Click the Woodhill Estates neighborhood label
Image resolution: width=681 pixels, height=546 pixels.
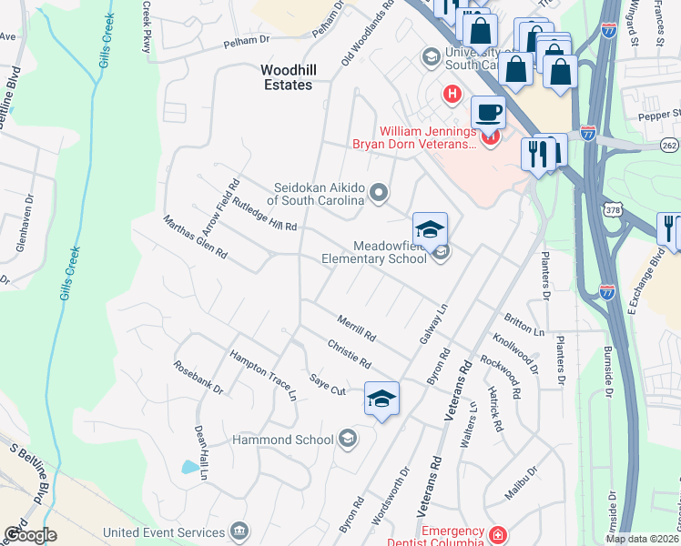coord(286,76)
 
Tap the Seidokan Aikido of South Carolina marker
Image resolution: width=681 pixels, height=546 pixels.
coord(380,192)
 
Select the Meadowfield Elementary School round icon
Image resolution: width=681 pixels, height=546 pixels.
coord(442,252)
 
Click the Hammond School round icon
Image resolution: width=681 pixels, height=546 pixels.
coord(346,440)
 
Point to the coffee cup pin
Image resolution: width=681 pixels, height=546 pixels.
coord(488,114)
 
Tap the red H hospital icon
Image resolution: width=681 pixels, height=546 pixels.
coord(450,94)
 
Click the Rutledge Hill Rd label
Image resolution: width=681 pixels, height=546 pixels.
coord(265,215)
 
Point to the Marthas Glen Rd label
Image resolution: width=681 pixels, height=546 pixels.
coord(195,237)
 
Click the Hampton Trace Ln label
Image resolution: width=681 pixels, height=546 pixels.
coord(263,375)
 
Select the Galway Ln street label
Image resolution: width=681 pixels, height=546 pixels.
coord(436,325)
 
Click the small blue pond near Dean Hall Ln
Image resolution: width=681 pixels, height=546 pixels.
coord(189,468)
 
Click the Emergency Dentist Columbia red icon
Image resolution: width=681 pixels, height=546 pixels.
coord(497,535)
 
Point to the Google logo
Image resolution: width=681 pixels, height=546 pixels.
coord(30,534)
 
